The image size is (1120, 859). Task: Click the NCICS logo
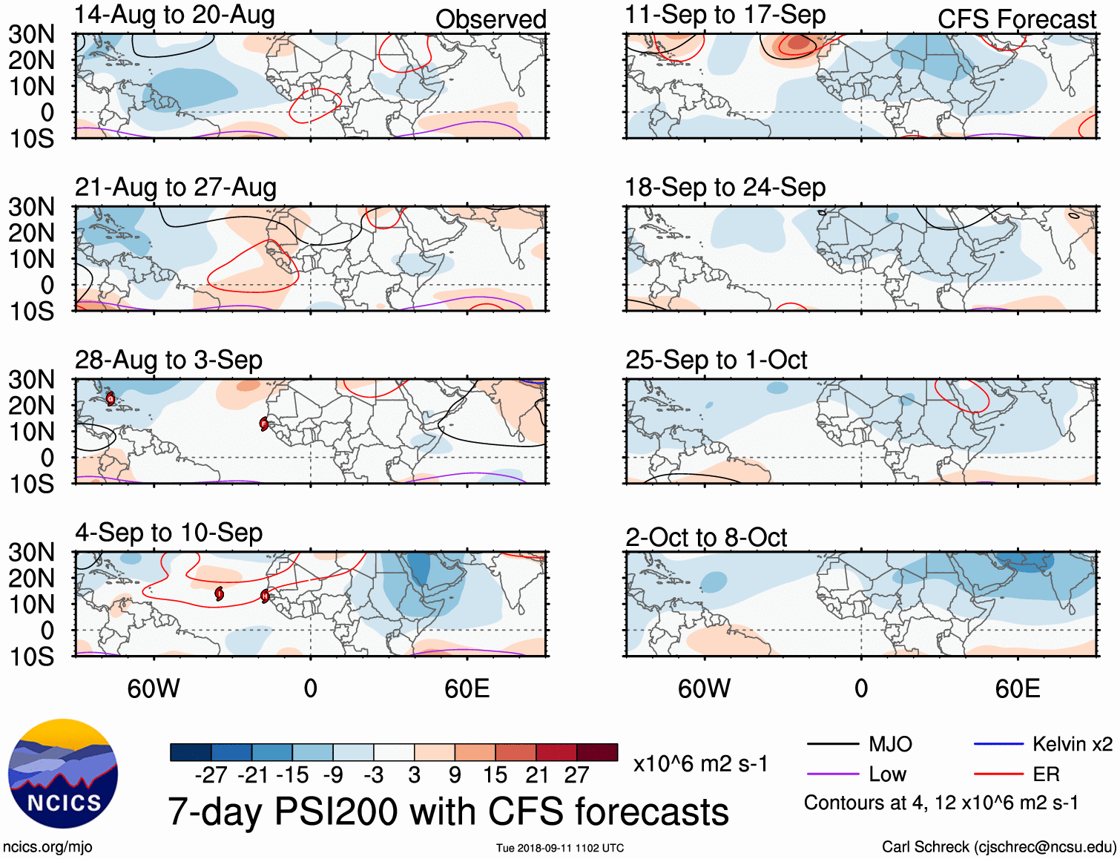(x=63, y=774)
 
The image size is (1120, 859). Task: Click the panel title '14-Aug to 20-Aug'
(x=175, y=15)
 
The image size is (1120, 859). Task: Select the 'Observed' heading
(x=490, y=19)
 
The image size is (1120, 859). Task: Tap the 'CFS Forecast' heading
(x=1016, y=19)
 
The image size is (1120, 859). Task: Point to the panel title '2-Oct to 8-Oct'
(x=706, y=537)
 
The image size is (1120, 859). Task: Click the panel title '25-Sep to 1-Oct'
(x=716, y=360)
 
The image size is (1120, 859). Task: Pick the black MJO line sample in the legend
(x=832, y=744)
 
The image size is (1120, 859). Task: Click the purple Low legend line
(x=832, y=774)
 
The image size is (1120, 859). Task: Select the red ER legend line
(x=998, y=774)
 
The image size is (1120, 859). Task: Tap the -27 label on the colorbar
(x=211, y=775)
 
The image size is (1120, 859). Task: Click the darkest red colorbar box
(x=597, y=752)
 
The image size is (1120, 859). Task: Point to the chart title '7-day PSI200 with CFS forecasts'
(x=448, y=812)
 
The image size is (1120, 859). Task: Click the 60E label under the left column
(x=467, y=688)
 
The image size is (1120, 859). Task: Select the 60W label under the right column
(x=704, y=688)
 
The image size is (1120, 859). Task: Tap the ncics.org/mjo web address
(x=47, y=847)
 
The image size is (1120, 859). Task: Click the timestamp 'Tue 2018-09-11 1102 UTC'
(x=560, y=848)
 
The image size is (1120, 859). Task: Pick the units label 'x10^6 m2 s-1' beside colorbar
(x=700, y=764)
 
